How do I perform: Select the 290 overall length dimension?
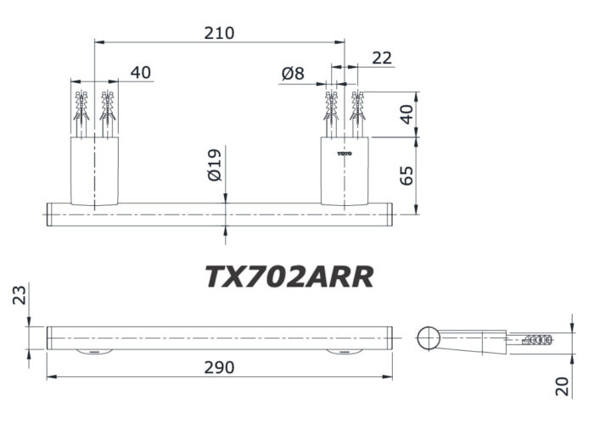[219, 366]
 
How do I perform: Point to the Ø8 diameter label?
[292, 74]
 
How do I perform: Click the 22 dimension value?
[382, 57]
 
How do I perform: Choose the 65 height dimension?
[408, 175]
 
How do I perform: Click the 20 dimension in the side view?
[560, 386]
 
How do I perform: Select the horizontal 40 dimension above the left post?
[141, 73]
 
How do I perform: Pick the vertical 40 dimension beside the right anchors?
[408, 114]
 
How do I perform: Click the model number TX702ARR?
[289, 277]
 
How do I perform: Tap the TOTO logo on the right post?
[344, 154]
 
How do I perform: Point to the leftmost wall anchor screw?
[81, 109]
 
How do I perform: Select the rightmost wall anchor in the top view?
[356, 110]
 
